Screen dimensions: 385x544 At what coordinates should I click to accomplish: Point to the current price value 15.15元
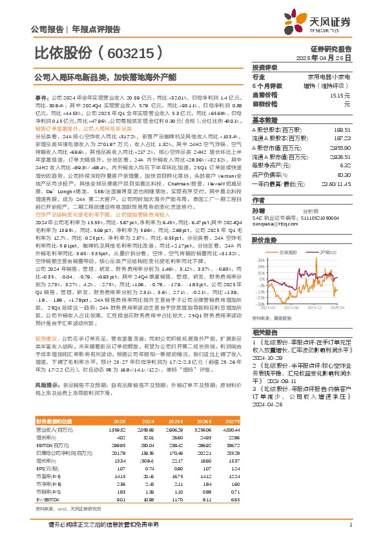pyautogui.click(x=340, y=94)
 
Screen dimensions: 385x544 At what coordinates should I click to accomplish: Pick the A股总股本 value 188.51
pyautogui.click(x=342, y=129)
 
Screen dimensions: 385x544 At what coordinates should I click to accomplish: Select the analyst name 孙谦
pyautogui.click(x=258, y=211)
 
